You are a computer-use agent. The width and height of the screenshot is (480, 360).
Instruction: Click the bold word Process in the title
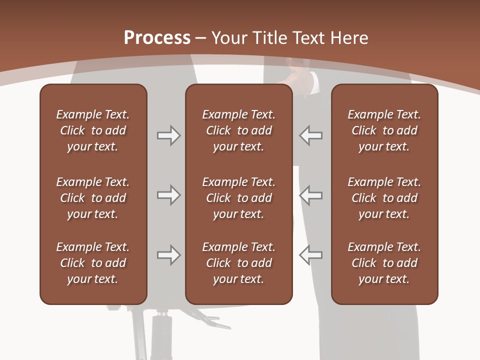(x=157, y=38)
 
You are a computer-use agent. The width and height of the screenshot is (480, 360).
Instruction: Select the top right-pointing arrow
(x=168, y=135)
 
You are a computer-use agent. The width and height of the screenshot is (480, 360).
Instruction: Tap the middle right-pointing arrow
(x=168, y=195)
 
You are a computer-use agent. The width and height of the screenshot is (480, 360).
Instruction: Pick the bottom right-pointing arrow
(x=168, y=255)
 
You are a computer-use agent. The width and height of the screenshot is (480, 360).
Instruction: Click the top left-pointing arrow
(x=310, y=135)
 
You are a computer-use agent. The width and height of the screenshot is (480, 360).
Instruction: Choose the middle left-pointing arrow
(x=310, y=195)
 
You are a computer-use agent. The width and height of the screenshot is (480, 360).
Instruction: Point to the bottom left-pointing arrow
(x=310, y=255)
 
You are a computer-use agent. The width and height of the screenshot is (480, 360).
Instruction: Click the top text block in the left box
(x=93, y=130)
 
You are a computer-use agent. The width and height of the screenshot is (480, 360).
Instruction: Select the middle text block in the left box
(x=93, y=198)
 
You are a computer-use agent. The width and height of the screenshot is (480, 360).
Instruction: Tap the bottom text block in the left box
(x=93, y=263)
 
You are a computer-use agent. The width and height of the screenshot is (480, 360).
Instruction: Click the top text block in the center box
(x=238, y=130)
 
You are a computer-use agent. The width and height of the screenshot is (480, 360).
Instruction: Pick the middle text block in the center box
(x=238, y=198)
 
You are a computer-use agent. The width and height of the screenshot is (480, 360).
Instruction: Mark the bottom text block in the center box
(x=238, y=263)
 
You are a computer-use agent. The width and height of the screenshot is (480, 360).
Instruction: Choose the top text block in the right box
(x=384, y=130)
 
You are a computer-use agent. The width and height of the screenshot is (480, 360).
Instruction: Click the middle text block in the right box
(x=384, y=198)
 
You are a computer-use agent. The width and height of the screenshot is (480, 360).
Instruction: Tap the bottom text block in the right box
(x=384, y=263)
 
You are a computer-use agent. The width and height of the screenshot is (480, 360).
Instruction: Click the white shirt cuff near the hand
(x=313, y=82)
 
